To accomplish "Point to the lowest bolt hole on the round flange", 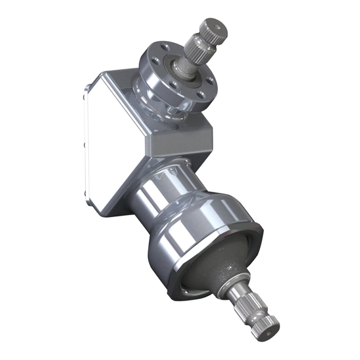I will pos(201,95).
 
